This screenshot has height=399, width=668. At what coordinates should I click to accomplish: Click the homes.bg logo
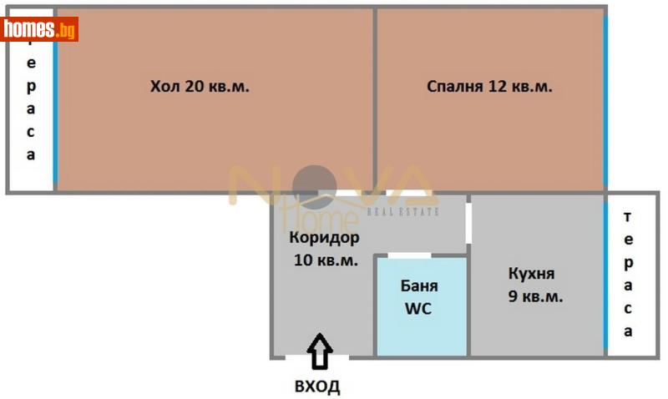(39, 30)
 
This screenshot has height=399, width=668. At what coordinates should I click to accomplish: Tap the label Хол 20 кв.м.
(200, 86)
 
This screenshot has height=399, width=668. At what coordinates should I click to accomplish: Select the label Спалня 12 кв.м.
(489, 86)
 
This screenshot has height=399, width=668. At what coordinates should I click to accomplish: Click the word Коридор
(325, 238)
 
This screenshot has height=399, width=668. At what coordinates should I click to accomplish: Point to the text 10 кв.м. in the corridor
(326, 260)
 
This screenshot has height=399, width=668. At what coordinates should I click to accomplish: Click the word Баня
(419, 286)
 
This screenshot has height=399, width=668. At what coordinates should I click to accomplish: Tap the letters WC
(419, 308)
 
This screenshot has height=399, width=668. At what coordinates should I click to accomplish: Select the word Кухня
(532, 274)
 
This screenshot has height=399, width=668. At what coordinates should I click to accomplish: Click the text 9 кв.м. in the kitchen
(534, 295)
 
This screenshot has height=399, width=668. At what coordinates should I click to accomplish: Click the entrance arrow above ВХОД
(317, 351)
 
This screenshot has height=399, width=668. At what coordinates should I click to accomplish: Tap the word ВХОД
(317, 386)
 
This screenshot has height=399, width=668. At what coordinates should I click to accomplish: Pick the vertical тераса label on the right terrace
(628, 274)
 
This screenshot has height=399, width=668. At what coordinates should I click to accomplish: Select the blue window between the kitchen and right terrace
(605, 275)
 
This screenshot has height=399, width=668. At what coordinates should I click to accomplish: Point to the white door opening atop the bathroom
(409, 255)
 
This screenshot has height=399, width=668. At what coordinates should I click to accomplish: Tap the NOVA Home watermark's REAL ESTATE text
(404, 213)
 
